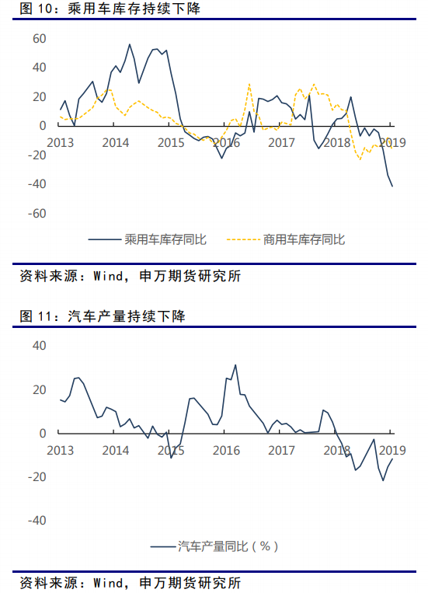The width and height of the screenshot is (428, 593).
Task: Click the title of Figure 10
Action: point(110,9)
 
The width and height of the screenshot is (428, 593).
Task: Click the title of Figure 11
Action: point(103,316)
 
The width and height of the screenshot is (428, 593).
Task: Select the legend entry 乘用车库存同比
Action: point(148,239)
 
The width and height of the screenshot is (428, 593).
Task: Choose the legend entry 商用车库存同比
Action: point(286,239)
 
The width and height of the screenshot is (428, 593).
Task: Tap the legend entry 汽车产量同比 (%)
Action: point(214,546)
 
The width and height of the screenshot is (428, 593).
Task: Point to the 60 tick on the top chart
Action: point(40,39)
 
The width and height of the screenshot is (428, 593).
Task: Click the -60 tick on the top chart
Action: point(37,213)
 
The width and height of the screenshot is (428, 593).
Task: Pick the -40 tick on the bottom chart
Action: point(37,521)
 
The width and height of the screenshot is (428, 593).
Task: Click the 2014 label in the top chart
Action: point(116,142)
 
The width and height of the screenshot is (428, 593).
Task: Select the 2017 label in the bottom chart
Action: point(282,451)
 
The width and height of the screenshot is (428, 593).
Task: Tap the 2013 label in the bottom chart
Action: point(61,451)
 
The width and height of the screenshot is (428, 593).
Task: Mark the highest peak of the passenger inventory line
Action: point(129,44)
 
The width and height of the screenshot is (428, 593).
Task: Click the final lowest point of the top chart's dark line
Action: point(392,186)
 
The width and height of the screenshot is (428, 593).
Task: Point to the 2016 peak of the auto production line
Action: point(235,365)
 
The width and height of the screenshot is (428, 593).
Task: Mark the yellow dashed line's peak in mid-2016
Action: point(249,84)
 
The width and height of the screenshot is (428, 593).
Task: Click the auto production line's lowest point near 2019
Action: point(383,480)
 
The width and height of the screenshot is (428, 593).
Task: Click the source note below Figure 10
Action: point(130,276)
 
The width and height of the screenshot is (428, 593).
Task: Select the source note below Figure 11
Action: point(130,583)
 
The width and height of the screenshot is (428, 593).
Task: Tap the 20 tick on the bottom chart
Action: point(40,390)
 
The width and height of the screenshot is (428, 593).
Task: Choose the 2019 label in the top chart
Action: point(392,142)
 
